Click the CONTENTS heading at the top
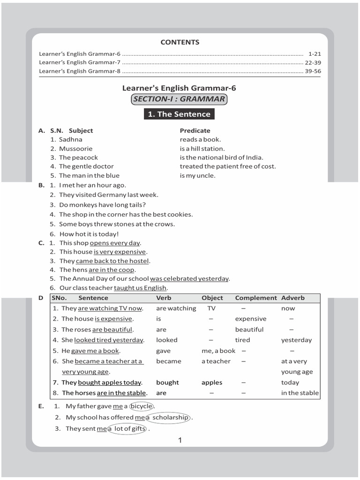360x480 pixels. tap(180, 42)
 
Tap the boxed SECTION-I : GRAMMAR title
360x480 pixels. tap(180, 99)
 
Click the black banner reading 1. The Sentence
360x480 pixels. tap(180, 114)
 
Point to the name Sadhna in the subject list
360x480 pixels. tap(70, 139)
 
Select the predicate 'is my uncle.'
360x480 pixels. tap(197, 175)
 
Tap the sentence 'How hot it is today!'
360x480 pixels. tap(89, 234)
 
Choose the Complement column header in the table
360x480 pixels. tap(256, 298)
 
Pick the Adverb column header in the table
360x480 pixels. tap(292, 298)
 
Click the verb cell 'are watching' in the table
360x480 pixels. tap(176, 308)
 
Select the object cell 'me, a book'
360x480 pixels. tap(218, 351)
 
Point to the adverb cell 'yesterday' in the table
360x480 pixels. tap(296, 340)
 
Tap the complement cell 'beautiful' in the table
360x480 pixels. tap(249, 330)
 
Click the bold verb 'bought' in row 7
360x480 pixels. tap(167, 382)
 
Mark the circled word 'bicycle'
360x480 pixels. tap(142, 406)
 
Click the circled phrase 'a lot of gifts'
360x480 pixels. tap(127, 428)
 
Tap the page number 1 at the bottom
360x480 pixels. tap(180, 440)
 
